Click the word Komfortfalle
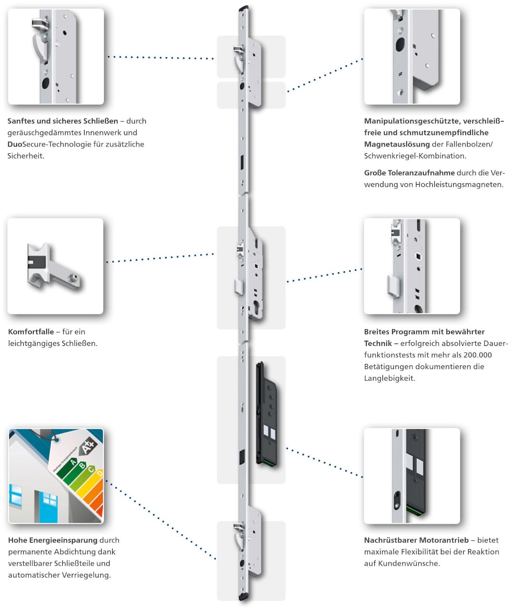(x=31, y=332)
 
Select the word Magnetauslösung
(x=397, y=144)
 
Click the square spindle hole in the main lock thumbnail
(x=419, y=256)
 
